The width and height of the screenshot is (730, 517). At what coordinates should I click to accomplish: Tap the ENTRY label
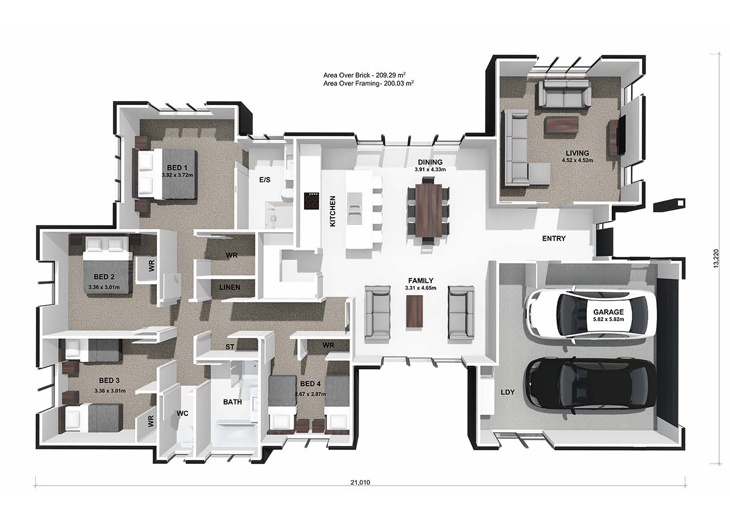pos(553,239)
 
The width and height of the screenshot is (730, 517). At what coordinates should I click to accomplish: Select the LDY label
pos(508,393)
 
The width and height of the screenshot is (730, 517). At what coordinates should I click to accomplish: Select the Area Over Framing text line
pos(368,84)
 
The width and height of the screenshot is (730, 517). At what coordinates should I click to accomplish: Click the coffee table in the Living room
pos(561,125)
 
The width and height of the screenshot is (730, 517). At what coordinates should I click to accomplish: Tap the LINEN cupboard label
pos(230,288)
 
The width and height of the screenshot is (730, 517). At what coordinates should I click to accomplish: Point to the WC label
pos(182,413)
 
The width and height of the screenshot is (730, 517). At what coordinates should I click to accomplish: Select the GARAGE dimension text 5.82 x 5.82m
pos(608,321)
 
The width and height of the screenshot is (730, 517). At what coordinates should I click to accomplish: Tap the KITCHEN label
pos(332,211)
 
